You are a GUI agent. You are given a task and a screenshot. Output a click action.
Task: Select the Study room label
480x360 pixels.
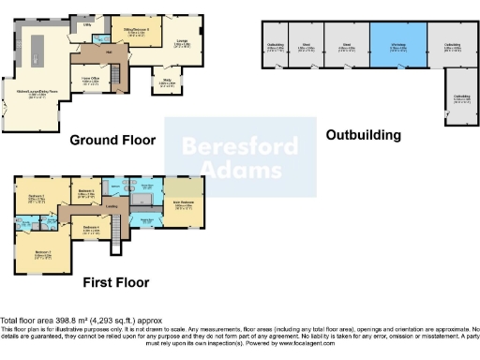[x=167, y=82]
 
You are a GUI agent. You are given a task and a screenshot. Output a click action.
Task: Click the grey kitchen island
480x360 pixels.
[x=40, y=47]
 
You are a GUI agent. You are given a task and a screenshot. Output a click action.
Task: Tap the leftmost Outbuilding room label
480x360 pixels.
[x=276, y=45]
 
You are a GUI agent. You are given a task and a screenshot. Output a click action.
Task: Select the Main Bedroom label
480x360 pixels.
[x=182, y=203]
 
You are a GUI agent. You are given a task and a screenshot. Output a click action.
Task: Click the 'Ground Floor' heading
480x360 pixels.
[x=112, y=141]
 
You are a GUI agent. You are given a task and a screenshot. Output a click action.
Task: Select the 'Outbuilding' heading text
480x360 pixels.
[x=363, y=135]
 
